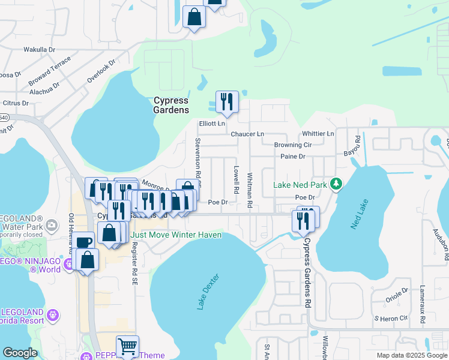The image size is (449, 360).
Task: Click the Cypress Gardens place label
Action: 171,105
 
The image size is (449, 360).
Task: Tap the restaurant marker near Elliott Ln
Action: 227,102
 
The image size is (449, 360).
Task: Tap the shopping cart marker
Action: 127,346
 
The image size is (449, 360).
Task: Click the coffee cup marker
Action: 84,242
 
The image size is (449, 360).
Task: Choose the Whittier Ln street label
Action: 318,133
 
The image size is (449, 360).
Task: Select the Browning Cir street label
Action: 293,145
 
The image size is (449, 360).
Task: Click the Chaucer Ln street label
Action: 247,134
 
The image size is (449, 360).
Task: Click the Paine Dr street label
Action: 293,156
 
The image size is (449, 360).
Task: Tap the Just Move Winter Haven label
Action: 176,235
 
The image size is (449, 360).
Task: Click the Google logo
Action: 20,353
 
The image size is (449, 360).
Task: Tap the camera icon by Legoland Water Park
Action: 52,226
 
